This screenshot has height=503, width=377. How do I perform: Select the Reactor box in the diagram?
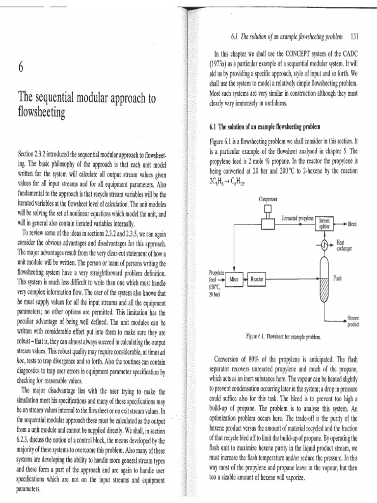257,279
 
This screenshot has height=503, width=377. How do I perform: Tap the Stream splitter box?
324,224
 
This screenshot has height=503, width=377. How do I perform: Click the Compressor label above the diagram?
268,199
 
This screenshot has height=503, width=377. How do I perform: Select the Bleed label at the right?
352,224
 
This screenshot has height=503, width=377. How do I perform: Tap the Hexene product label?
353,321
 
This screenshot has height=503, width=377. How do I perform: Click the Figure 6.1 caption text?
284,337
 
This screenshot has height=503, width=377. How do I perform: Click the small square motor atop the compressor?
268,209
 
